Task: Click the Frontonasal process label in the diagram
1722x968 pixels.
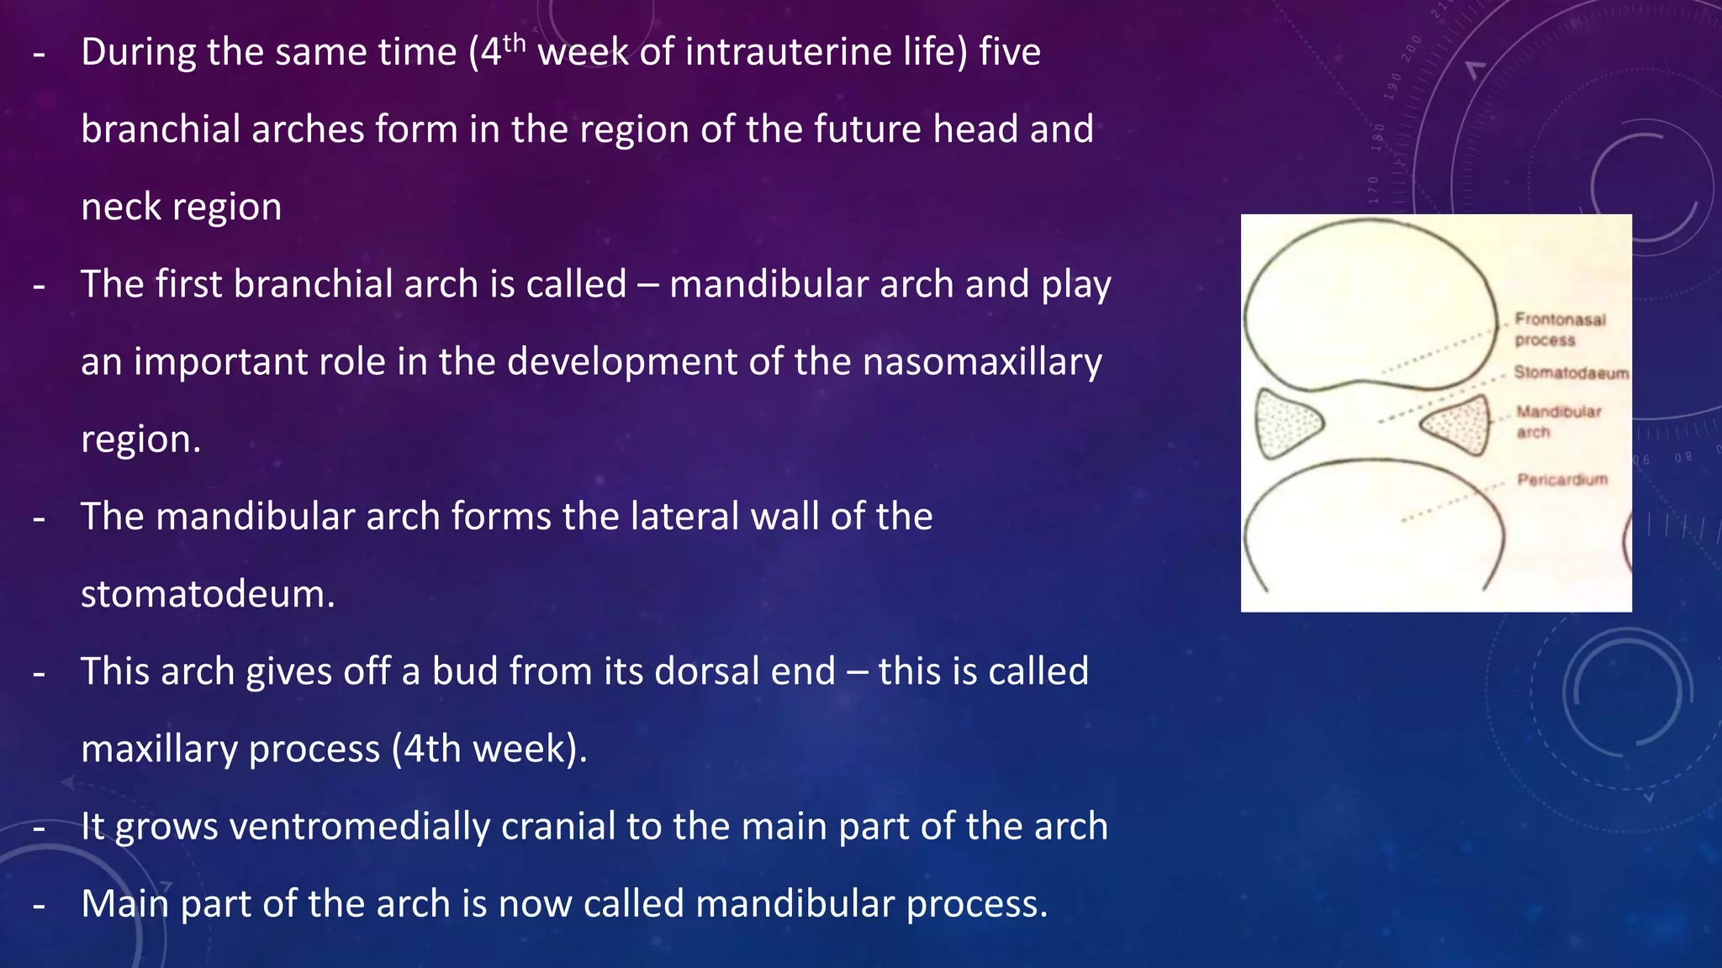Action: (x=1559, y=329)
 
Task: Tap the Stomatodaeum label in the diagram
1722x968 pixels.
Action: (x=1571, y=373)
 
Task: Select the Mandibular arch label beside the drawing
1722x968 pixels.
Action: (x=1558, y=422)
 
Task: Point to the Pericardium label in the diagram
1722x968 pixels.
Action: (x=1561, y=480)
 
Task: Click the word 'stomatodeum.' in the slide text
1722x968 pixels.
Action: (x=208, y=594)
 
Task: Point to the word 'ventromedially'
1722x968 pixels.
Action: (x=359, y=827)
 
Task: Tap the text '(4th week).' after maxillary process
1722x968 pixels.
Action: (x=489, y=749)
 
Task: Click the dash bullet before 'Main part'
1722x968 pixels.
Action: (x=39, y=907)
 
